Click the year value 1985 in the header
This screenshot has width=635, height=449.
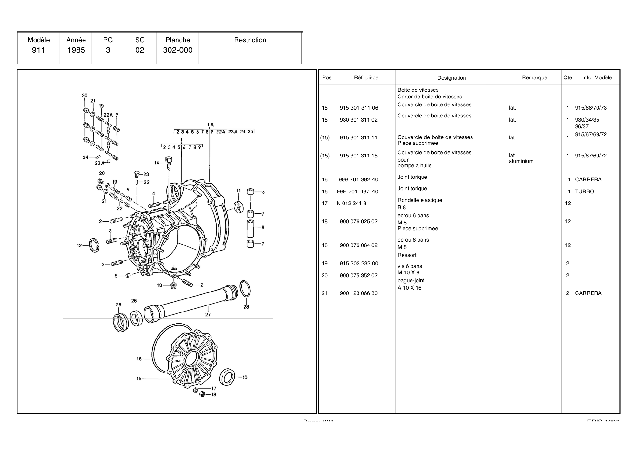[x=76, y=50]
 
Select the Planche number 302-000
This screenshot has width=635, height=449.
[x=177, y=50]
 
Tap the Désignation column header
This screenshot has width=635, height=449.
[x=451, y=78]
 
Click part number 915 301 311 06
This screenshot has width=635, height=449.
[x=359, y=108]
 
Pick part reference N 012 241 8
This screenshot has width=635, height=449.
[x=351, y=204]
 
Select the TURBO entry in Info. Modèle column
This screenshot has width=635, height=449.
[x=584, y=192]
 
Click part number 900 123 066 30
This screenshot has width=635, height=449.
[x=358, y=293]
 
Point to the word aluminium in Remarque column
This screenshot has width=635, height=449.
[x=521, y=161]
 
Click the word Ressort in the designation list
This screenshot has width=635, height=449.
[x=407, y=255]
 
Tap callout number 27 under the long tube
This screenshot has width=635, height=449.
[x=208, y=315]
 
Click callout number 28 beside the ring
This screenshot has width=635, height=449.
[x=246, y=307]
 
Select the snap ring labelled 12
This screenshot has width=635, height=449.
[x=94, y=245]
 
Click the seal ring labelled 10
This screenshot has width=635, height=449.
[x=227, y=377]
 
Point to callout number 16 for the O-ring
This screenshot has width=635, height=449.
[x=139, y=359]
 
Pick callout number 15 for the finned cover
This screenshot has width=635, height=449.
[x=139, y=379]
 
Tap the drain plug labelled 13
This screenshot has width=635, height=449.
[x=173, y=285]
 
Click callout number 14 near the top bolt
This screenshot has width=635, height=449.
[x=157, y=163]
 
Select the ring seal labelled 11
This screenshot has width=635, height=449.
[x=238, y=207]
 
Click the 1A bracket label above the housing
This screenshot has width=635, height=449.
[x=210, y=125]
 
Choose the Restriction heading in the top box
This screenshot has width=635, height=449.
[x=250, y=40]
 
